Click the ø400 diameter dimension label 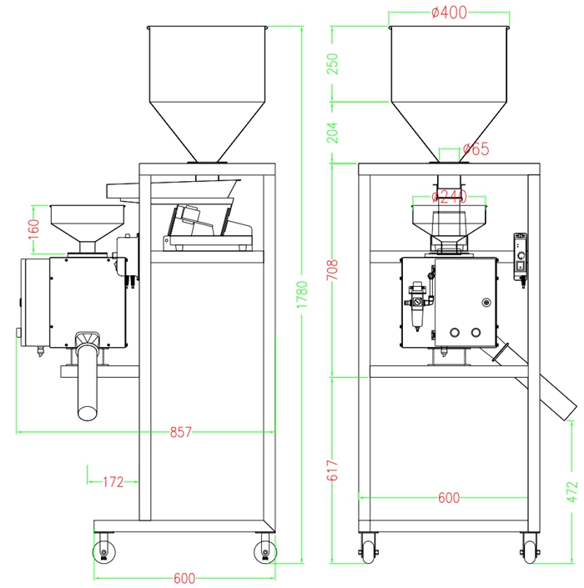[x=449, y=13]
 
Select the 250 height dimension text [x=334, y=66]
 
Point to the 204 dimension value [x=334, y=133]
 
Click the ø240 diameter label [x=449, y=198]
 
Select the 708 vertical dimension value [x=334, y=269]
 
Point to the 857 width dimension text [x=180, y=432]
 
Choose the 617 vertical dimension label [x=334, y=474]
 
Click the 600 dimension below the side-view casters [x=185, y=578]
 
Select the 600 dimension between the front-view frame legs [x=449, y=498]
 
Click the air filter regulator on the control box [x=415, y=305]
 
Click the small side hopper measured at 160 [x=86, y=225]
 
